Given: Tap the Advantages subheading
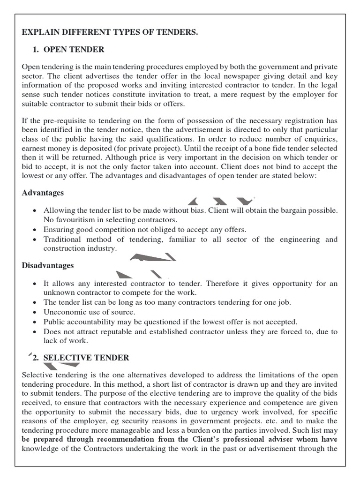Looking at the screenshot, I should click(x=43, y=193).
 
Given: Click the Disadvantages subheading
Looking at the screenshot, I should click(x=48, y=265).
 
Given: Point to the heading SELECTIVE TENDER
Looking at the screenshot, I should click(x=86, y=358).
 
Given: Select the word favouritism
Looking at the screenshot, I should click(x=76, y=220).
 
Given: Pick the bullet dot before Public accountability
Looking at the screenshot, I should click(x=35, y=322).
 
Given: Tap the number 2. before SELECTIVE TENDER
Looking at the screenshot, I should click(x=35, y=358).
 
